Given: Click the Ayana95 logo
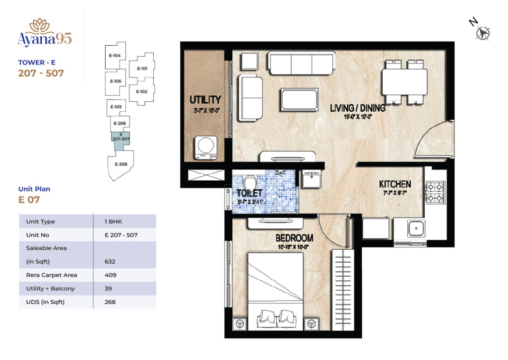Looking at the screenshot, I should click(x=44, y=33).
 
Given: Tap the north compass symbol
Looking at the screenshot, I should click(x=481, y=31).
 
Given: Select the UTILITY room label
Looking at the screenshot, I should click(x=205, y=100).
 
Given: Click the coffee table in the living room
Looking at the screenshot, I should click(x=299, y=99).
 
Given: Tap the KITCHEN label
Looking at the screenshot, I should click(x=395, y=184).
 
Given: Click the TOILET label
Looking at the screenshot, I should click(x=249, y=193).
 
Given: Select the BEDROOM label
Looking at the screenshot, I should click(x=295, y=238).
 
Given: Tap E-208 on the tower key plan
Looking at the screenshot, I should click(x=121, y=164).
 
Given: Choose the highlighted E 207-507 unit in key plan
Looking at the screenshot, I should click(x=121, y=138).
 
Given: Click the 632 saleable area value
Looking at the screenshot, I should click(x=111, y=262).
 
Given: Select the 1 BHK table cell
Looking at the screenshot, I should click(x=112, y=221).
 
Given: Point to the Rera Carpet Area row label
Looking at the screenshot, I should click(x=52, y=275).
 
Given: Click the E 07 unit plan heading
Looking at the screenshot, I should click(x=29, y=200).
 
